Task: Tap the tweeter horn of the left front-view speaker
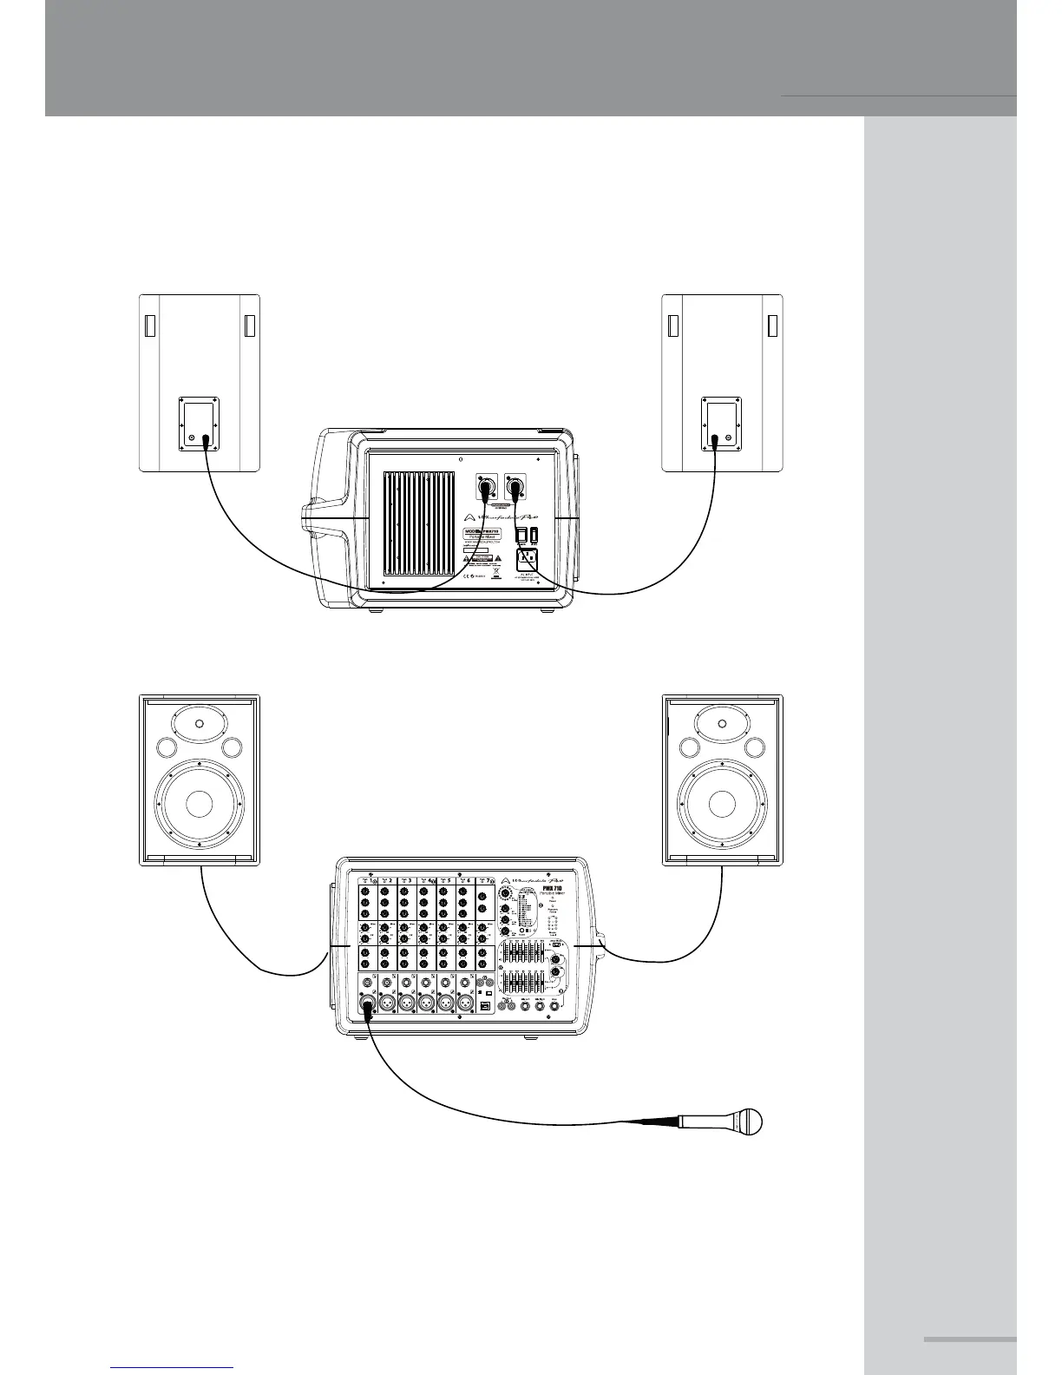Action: (x=200, y=724)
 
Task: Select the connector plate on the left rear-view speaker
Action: (x=199, y=424)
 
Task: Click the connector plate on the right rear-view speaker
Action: (x=721, y=424)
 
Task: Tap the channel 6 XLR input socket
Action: (x=464, y=1003)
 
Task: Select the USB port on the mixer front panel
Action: (x=485, y=1004)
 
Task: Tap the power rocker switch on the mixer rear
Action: (x=521, y=532)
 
